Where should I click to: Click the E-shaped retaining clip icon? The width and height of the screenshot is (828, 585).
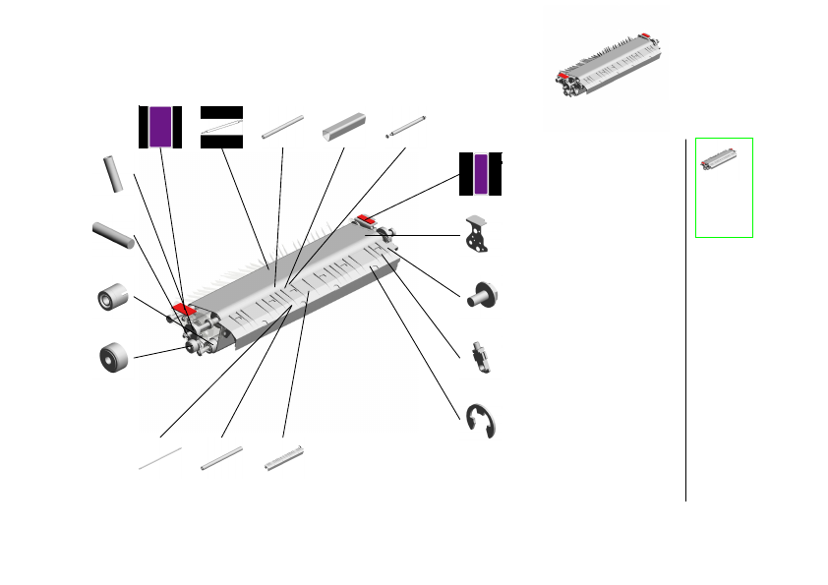481,421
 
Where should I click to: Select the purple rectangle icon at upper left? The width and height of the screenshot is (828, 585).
160,126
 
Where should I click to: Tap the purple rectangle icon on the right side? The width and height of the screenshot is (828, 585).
480,174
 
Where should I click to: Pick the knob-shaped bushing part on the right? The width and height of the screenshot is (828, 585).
483,293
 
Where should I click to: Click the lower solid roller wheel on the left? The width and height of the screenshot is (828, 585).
115,357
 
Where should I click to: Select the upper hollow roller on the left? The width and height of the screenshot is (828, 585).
115,296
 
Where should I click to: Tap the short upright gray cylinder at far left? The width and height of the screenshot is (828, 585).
113,173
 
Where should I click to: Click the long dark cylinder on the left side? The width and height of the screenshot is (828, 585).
112,236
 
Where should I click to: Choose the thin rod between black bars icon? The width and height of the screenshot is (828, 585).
221,127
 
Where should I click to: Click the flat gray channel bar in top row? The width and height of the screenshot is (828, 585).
344,128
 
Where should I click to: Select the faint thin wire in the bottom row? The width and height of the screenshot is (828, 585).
160,458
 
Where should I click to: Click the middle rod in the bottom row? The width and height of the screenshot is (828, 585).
221,458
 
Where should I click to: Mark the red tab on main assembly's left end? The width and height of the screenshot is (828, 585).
183,310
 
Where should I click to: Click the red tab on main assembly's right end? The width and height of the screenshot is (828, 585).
367,218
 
